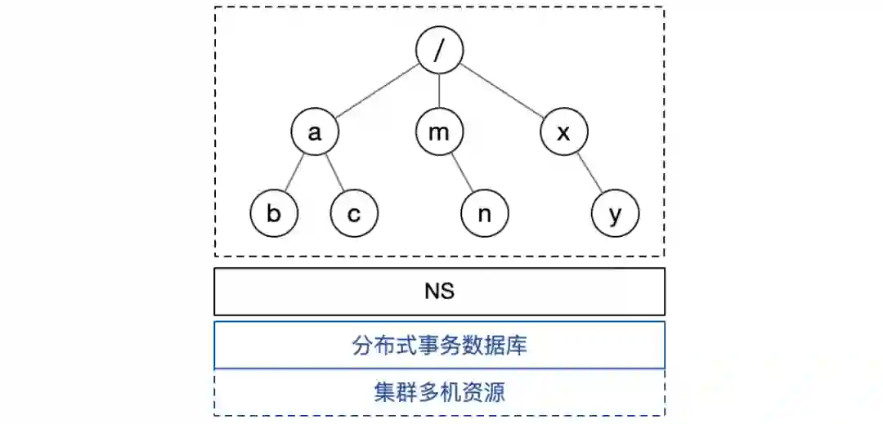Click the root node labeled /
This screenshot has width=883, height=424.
[439, 50]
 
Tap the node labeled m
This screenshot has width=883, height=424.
[439, 132]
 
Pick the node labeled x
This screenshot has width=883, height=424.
[564, 132]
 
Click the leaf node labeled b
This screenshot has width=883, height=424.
[274, 214]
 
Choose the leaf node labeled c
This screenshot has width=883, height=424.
[354, 214]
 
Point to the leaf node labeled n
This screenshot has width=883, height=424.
[484, 214]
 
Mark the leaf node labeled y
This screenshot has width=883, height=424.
[615, 214]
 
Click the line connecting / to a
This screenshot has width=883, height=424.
[377, 91]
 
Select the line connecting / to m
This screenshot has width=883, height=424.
[439, 91]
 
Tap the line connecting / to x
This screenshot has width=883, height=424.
[502, 91]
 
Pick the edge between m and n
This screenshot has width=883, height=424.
[462, 173]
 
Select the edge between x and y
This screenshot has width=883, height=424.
[589, 173]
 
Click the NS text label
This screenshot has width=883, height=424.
[439, 292]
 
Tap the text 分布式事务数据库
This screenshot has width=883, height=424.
[439, 346]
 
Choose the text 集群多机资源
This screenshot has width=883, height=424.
[439, 392]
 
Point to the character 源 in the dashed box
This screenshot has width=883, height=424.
[494, 392]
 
